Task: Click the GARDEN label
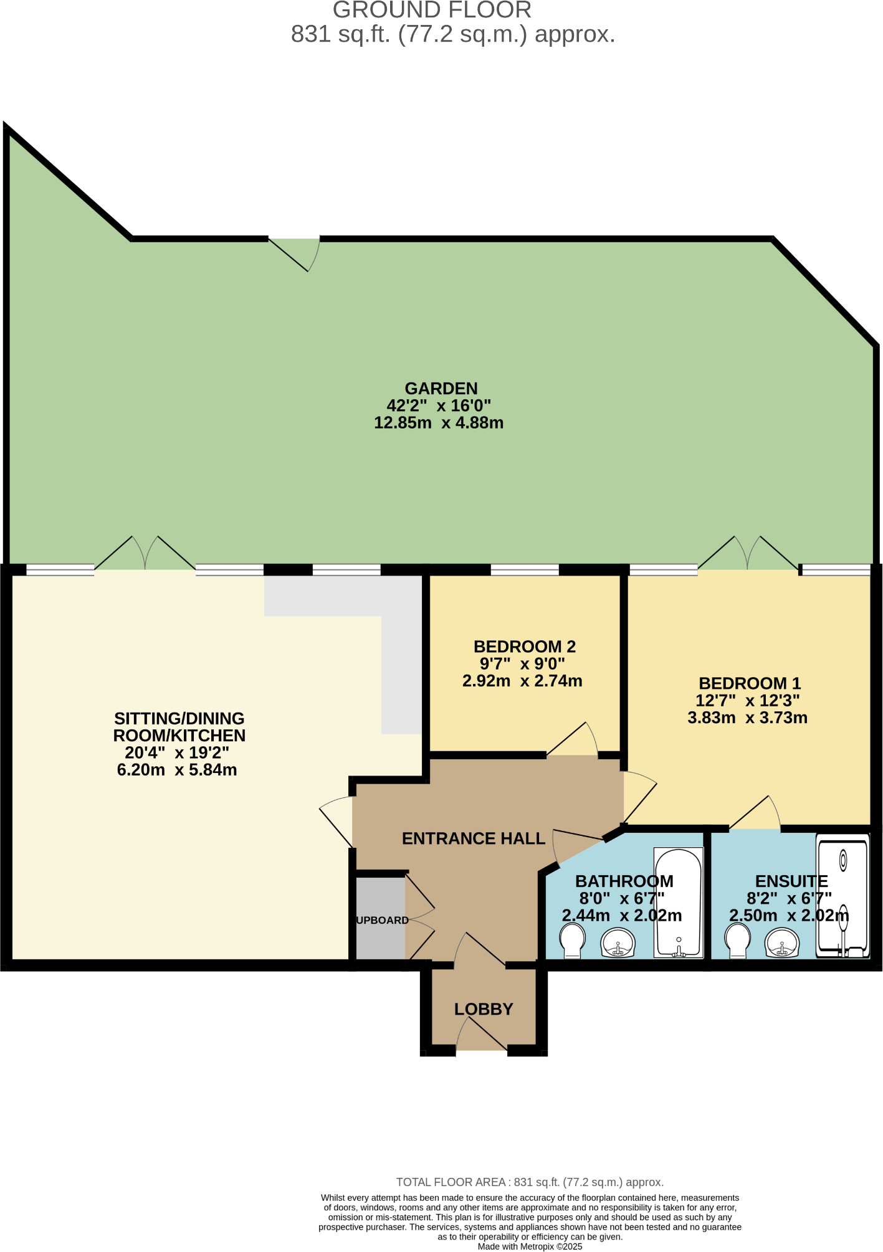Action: click(x=441, y=389)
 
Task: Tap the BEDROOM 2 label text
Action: click(x=524, y=647)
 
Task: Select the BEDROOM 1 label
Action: click(x=750, y=683)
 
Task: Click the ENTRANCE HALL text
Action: click(x=474, y=838)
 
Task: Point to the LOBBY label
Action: click(x=484, y=1009)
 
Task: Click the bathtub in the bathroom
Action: click(x=678, y=902)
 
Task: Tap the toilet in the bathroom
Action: click(x=572, y=940)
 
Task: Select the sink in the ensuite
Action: click(x=781, y=942)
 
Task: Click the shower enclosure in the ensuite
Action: click(x=842, y=896)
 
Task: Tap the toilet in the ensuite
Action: click(x=738, y=940)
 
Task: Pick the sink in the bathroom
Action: click(x=618, y=942)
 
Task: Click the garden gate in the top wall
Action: click(x=294, y=253)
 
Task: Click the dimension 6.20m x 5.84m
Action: click(x=177, y=770)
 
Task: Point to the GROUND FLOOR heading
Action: click(x=432, y=10)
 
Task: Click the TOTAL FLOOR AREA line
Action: click(x=530, y=1182)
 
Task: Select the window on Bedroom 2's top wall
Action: click(x=525, y=569)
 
